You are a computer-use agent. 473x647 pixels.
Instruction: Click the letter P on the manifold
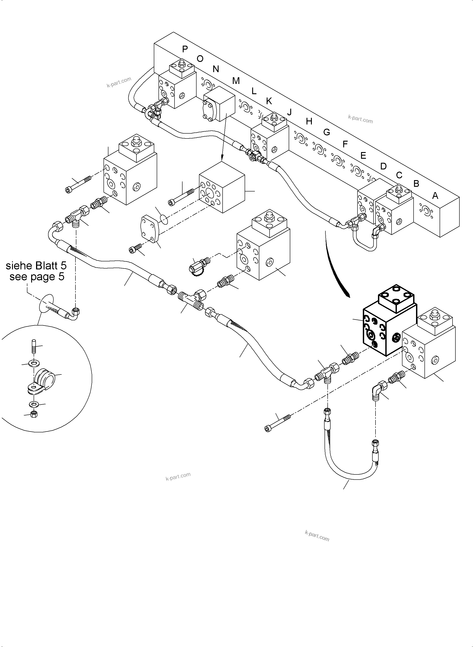click(x=185, y=49)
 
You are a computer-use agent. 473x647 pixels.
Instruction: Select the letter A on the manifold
click(x=435, y=196)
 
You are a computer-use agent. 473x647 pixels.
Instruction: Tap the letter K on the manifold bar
click(x=269, y=101)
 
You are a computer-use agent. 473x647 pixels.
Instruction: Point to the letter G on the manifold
click(x=327, y=132)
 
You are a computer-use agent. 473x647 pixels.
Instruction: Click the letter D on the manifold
click(x=383, y=166)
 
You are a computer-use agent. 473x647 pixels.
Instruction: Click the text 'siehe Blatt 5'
click(x=36, y=266)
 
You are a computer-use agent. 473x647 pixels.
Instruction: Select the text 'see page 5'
click(x=37, y=277)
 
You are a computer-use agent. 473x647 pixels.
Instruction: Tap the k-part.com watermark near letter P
click(x=119, y=82)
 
